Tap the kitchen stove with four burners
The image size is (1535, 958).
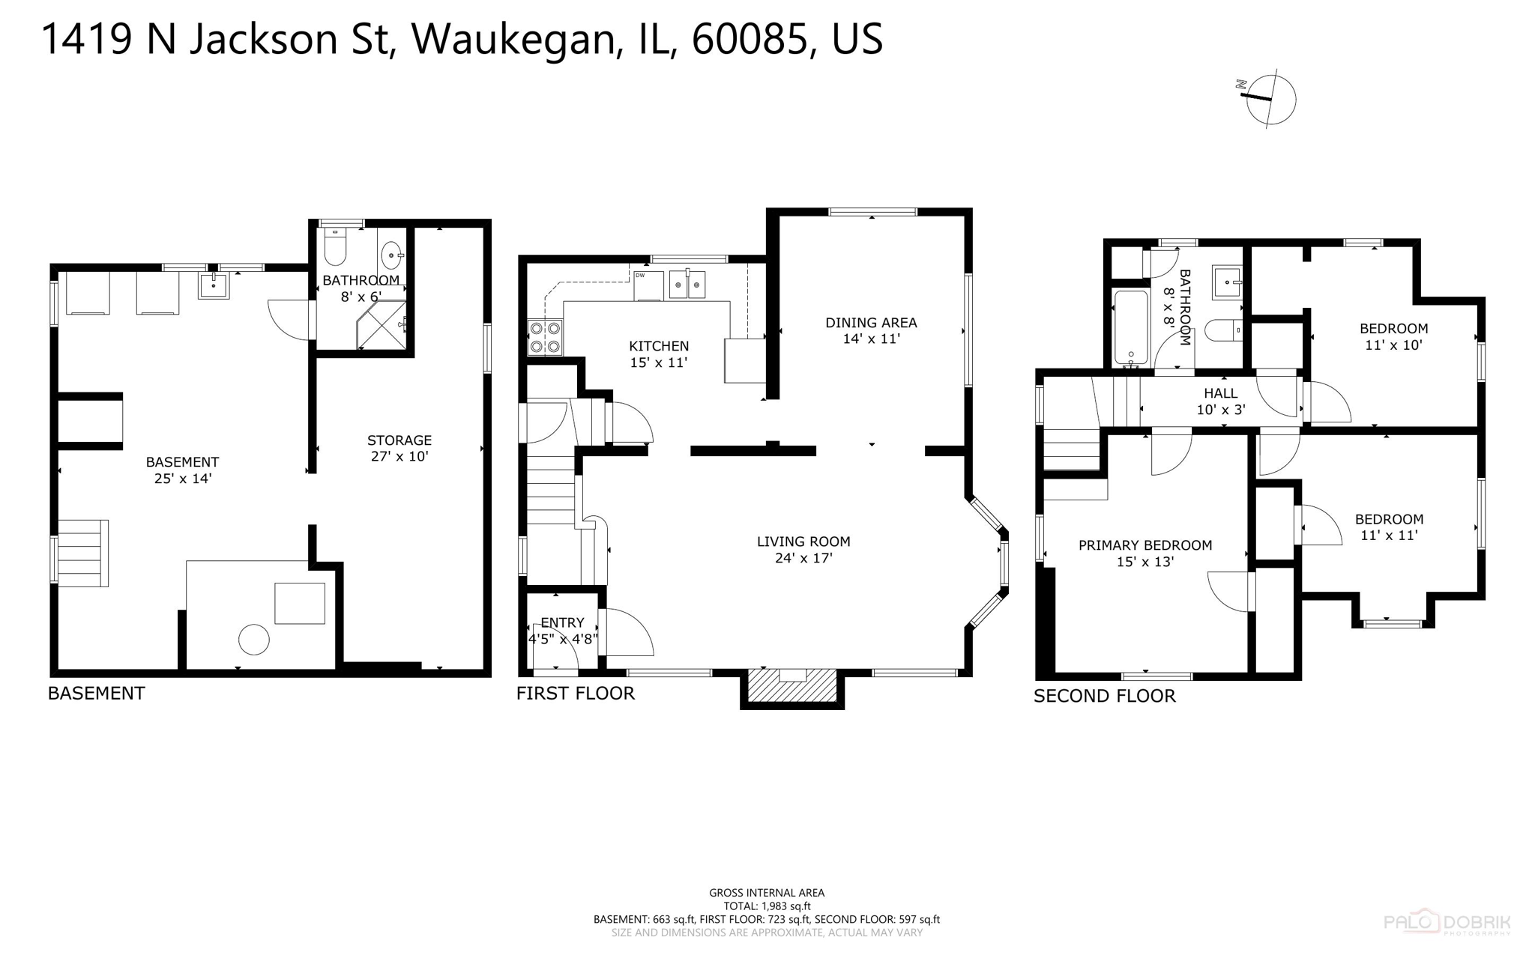[x=545, y=337]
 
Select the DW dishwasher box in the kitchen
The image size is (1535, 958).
[x=648, y=285]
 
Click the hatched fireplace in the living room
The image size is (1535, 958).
[x=792, y=685]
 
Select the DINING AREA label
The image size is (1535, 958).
[x=871, y=323]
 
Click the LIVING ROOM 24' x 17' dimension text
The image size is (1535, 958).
[x=803, y=558]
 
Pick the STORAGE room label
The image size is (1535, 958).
[x=399, y=440]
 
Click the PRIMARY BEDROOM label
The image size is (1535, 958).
[x=1145, y=545]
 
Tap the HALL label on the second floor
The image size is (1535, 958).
[x=1220, y=393]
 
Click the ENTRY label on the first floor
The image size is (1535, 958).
[x=562, y=622]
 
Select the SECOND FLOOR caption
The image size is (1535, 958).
[x=1104, y=696]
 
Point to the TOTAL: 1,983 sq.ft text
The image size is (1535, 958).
[x=767, y=906]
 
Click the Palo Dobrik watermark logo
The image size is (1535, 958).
[x=1447, y=923]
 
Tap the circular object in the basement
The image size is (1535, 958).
[x=254, y=640]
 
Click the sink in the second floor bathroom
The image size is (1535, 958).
[x=1226, y=282]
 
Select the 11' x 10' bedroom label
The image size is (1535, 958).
[x=1393, y=345]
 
